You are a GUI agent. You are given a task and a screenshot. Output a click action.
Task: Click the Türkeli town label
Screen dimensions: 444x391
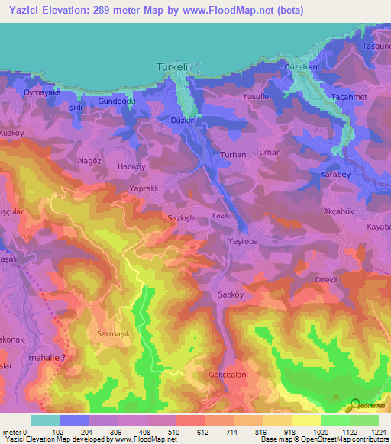[x=171, y=68]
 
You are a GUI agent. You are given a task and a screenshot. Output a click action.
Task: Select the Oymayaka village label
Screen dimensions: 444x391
[x=42, y=92]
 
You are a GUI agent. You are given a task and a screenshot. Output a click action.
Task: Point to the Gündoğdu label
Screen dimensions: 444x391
[x=117, y=101]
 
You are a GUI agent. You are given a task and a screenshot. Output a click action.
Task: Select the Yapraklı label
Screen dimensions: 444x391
[x=144, y=188]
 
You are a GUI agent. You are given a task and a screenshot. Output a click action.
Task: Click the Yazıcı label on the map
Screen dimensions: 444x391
[x=221, y=216]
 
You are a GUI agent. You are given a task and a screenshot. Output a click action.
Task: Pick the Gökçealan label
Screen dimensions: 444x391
[x=226, y=375]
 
